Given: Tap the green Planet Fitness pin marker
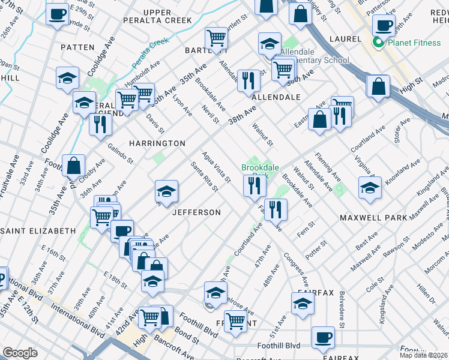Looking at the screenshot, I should (378, 42).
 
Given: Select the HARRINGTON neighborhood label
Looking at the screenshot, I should (157, 143).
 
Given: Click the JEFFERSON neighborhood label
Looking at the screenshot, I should (197, 212).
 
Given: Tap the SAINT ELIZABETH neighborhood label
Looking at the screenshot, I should (38, 230).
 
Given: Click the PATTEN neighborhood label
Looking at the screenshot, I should (77, 47).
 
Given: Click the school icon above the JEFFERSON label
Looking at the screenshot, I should (166, 192).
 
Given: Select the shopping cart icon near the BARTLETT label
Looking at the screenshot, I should (216, 38).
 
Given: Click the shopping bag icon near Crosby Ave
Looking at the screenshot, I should (73, 166).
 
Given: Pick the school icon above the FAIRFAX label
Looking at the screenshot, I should (303, 304).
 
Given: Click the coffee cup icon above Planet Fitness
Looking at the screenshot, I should (384, 25).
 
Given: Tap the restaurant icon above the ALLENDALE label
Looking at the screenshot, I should (249, 81).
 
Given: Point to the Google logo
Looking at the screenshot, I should (20, 353).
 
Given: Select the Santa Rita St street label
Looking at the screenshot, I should (204, 176).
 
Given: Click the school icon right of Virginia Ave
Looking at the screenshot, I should (370, 188).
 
